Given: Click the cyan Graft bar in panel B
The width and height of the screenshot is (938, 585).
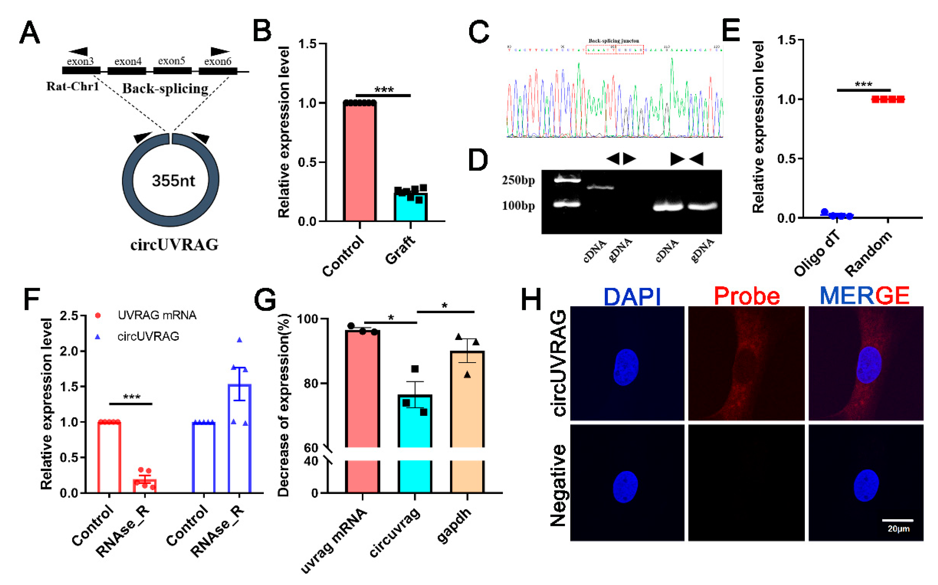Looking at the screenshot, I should (x=410, y=207).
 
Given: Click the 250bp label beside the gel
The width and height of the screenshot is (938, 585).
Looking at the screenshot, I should (x=518, y=180).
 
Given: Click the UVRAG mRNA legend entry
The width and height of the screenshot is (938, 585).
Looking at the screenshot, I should (x=157, y=315).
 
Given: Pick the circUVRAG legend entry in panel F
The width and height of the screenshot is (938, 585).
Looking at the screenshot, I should (x=148, y=336).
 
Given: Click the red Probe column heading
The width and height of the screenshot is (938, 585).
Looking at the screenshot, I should (x=746, y=296).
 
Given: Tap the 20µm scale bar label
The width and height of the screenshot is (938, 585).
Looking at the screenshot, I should (x=898, y=529).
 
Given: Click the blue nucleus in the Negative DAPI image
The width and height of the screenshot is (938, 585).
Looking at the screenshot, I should (x=625, y=486).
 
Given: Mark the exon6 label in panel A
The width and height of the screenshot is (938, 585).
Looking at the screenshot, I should (x=217, y=61).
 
